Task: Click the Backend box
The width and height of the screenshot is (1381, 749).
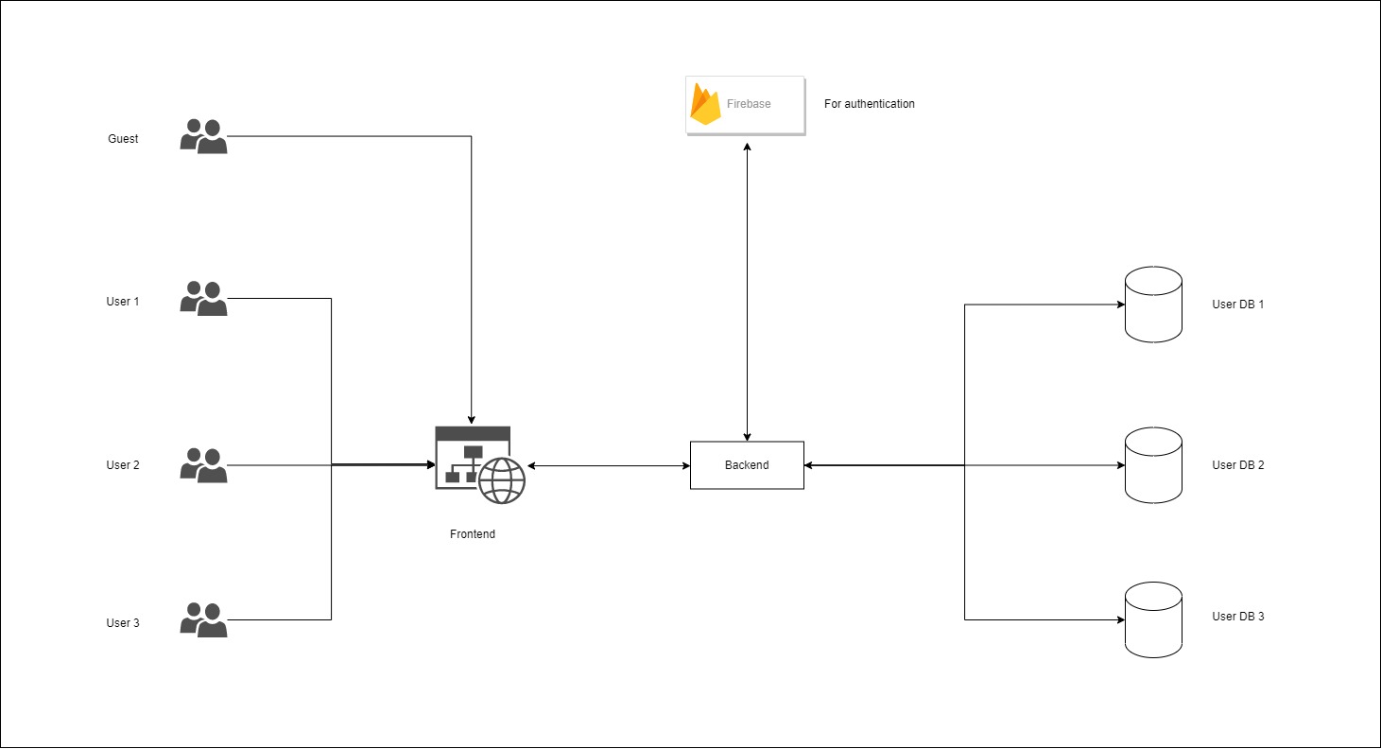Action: point(747,465)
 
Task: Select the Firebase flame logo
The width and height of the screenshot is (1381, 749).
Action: point(705,104)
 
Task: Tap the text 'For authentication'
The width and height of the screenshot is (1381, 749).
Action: point(870,104)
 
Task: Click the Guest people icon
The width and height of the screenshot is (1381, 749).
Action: point(203,136)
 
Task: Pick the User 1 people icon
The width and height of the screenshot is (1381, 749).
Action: point(203,299)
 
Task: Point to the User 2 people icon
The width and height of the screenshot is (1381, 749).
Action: point(203,465)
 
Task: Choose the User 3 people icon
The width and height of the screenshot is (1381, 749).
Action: point(203,619)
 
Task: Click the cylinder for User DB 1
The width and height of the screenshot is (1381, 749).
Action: point(1153,305)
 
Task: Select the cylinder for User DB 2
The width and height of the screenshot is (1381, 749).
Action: point(1153,465)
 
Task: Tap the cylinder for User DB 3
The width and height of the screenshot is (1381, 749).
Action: point(1153,619)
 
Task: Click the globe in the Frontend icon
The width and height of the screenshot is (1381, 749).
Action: point(502,480)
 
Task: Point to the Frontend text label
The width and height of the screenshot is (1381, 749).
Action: point(473,534)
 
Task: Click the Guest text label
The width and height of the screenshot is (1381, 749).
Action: point(123,139)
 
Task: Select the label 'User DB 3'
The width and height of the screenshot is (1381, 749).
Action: point(1238,617)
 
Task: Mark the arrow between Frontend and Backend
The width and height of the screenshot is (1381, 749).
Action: point(609,466)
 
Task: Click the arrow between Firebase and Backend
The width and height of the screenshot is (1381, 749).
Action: point(748,292)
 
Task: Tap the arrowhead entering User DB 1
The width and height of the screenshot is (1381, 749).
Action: point(1121,305)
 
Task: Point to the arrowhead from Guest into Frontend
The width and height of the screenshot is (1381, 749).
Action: point(472,421)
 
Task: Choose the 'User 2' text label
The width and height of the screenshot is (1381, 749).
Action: point(123,465)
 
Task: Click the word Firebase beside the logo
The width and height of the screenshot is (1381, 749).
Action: point(749,104)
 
